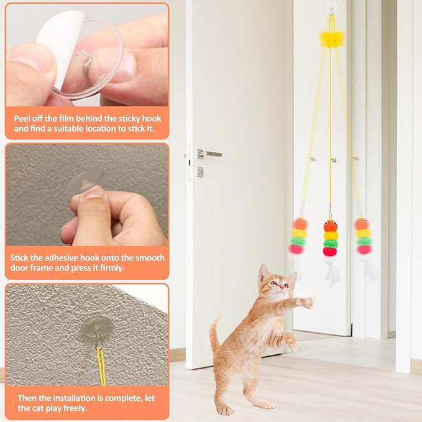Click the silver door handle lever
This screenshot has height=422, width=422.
[210, 154]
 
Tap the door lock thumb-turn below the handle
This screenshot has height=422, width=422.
[200, 172]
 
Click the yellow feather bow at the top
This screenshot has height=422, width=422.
[331, 39]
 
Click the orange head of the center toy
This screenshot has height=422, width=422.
[331, 226]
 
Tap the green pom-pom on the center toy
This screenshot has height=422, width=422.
[331, 244]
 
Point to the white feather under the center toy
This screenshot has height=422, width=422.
[332, 271]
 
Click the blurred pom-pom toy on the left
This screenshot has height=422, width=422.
[300, 236]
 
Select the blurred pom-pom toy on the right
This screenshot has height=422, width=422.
[363, 236]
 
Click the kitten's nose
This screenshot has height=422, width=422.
[277, 288]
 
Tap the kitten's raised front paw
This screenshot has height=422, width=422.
[305, 303]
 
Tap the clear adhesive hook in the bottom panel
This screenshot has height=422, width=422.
[96, 329]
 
